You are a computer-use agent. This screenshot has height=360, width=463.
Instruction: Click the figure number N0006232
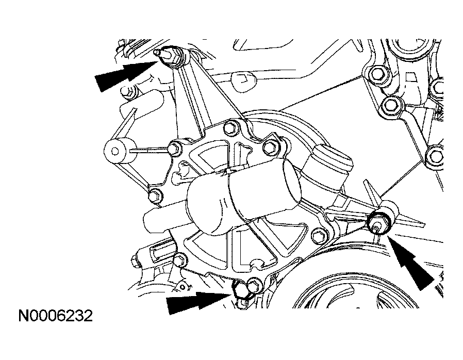(56, 316)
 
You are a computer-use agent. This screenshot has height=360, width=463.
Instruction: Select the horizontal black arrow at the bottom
(199, 302)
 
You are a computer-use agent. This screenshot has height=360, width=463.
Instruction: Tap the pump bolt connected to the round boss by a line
(174, 148)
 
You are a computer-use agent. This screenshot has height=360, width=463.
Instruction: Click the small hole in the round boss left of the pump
(114, 152)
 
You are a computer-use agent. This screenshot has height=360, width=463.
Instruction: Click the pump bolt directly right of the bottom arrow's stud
(255, 285)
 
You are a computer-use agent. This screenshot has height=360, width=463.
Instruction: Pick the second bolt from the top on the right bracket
(391, 105)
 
